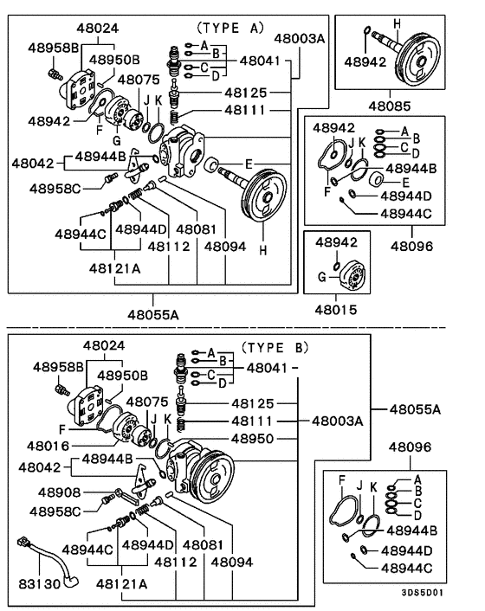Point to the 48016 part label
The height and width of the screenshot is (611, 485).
(47, 445)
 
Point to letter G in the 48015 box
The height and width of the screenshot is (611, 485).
(321, 277)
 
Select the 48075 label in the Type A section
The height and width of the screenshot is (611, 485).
(138, 80)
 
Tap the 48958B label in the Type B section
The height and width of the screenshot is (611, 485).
(58, 366)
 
